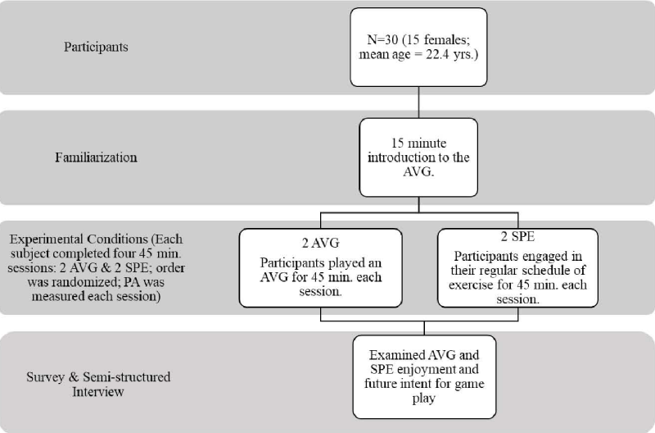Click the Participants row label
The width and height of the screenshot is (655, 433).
coord(96,47)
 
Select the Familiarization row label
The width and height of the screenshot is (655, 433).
coord(96,157)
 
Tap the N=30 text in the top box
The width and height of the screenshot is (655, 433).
coord(382,39)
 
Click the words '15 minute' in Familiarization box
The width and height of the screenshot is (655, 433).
coord(418,143)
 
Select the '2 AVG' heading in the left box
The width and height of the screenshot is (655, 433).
coord(321,243)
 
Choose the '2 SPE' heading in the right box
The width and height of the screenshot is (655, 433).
coord(517,237)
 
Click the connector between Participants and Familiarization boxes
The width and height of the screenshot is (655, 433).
coord(418,103)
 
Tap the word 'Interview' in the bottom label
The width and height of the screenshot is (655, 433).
coord(98,391)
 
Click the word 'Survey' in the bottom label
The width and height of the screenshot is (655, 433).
coord(45,377)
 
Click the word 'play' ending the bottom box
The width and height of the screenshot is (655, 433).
coord(423,399)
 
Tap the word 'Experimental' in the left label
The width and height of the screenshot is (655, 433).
coord(47,239)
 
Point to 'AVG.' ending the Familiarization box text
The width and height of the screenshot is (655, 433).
coord(418,171)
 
